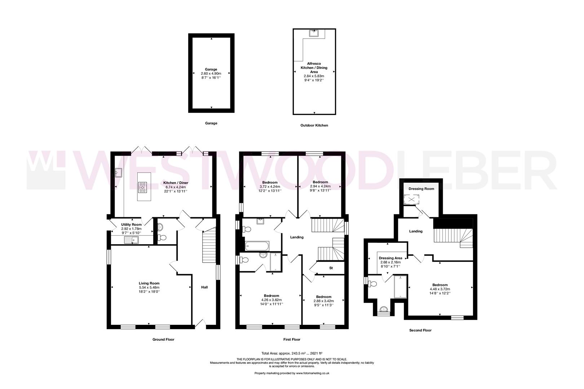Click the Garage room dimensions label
point(211,75)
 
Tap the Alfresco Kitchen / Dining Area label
point(314,68)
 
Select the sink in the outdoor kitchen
point(313,33)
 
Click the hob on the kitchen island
point(143,187)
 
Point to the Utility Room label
point(131,224)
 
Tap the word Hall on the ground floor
point(204,287)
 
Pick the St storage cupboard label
point(331,268)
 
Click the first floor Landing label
point(297,237)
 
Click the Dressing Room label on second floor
point(421,189)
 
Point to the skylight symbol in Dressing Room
point(410,199)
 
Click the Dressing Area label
point(390,258)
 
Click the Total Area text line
point(292,353)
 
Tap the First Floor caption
point(292,339)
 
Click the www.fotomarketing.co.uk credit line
point(292,373)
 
